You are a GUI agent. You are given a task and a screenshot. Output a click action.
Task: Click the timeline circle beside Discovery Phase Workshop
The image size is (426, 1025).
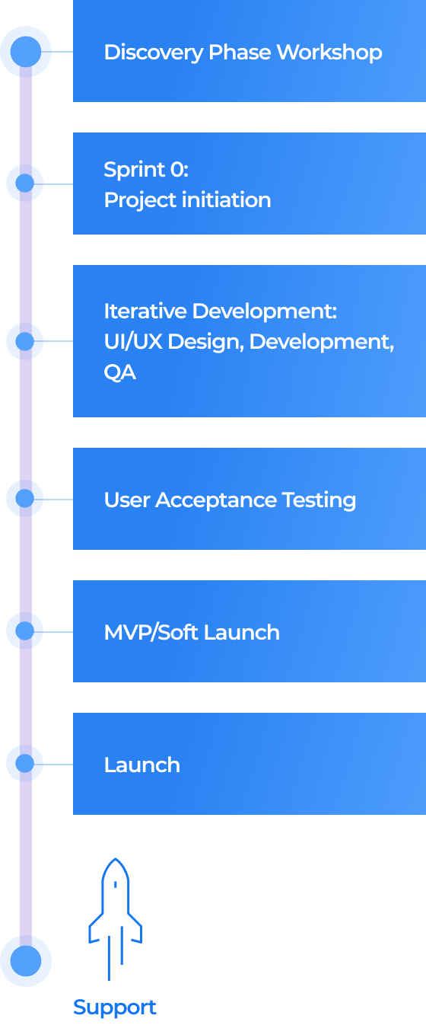pyautogui.click(x=25, y=52)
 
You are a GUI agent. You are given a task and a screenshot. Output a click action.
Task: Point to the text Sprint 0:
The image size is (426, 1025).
pyautogui.click(x=145, y=169)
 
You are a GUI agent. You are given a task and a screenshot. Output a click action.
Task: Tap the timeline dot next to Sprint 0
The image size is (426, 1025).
pyautogui.click(x=24, y=183)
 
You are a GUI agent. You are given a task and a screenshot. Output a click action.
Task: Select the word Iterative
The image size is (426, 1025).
pyautogui.click(x=145, y=311)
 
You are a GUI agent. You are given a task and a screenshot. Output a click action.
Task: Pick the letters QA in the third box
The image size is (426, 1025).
pyautogui.click(x=119, y=372)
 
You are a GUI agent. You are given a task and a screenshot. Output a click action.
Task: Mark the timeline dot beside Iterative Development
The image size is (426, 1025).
pyautogui.click(x=24, y=341)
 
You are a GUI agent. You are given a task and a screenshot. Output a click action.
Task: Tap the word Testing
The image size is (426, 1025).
pyautogui.click(x=319, y=500)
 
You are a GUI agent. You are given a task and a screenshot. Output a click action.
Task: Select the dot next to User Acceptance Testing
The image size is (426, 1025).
pyautogui.click(x=24, y=498)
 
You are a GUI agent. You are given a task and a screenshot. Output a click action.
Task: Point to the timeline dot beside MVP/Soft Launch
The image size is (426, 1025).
pyautogui.click(x=24, y=631)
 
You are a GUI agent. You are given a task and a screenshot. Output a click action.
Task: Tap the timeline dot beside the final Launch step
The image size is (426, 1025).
pyautogui.click(x=24, y=763)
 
